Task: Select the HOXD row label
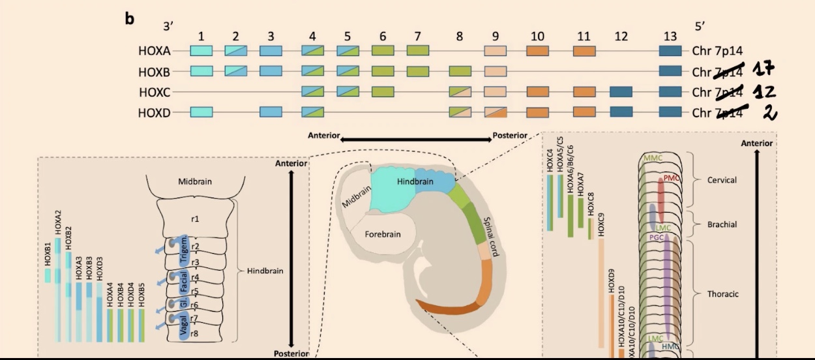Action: pos(154,113)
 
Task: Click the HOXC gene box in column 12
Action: pos(621,91)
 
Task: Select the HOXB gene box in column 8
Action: pos(460,70)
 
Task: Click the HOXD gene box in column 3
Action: pos(270,112)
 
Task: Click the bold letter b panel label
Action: pos(129,18)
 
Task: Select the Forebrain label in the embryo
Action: pos(382,233)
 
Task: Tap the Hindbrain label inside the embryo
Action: pos(415,183)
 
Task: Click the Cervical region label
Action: pos(722,180)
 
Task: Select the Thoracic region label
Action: pos(723,294)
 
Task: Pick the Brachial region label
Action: pos(722,224)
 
